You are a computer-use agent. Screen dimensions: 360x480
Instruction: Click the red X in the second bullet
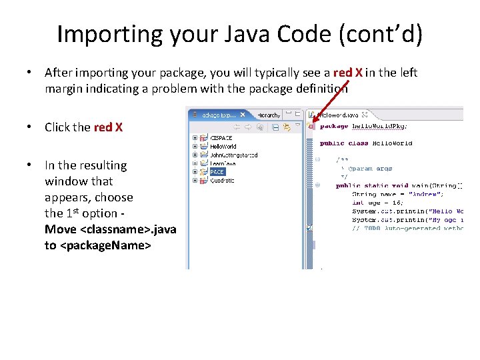[108, 127]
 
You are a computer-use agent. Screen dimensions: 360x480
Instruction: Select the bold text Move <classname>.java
[111, 229]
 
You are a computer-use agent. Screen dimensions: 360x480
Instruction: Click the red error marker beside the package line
[311, 125]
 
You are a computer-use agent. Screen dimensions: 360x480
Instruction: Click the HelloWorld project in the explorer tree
[223, 147]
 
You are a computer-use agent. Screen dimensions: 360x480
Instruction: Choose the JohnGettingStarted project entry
[233, 155]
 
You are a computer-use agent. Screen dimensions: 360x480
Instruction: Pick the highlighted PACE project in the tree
[217, 171]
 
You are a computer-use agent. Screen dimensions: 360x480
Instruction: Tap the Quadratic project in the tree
[222, 180]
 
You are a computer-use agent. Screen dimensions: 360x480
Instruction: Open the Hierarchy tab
[269, 115]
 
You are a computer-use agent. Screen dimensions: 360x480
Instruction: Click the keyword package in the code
[333, 125]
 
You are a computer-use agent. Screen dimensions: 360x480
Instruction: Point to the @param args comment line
[367, 169]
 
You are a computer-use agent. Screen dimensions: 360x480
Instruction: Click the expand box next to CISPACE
[195, 139]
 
